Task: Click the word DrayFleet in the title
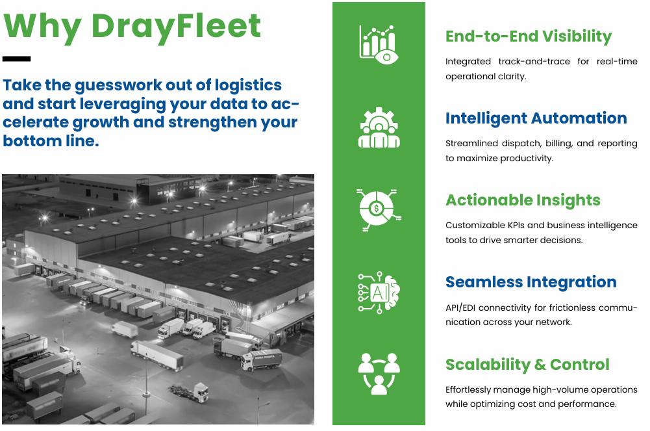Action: coord(176,26)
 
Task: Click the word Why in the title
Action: coord(43,26)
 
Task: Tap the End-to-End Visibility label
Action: coord(529,36)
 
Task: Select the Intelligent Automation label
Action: coord(536,118)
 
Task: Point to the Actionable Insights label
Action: coord(523,200)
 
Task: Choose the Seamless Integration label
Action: coord(531,282)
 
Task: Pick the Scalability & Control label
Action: coord(527,365)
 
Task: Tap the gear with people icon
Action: coord(379,127)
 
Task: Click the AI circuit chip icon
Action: coord(379,292)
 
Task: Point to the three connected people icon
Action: coord(379,374)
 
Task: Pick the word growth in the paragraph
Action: coord(103,122)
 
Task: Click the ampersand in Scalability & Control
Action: coord(540,365)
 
